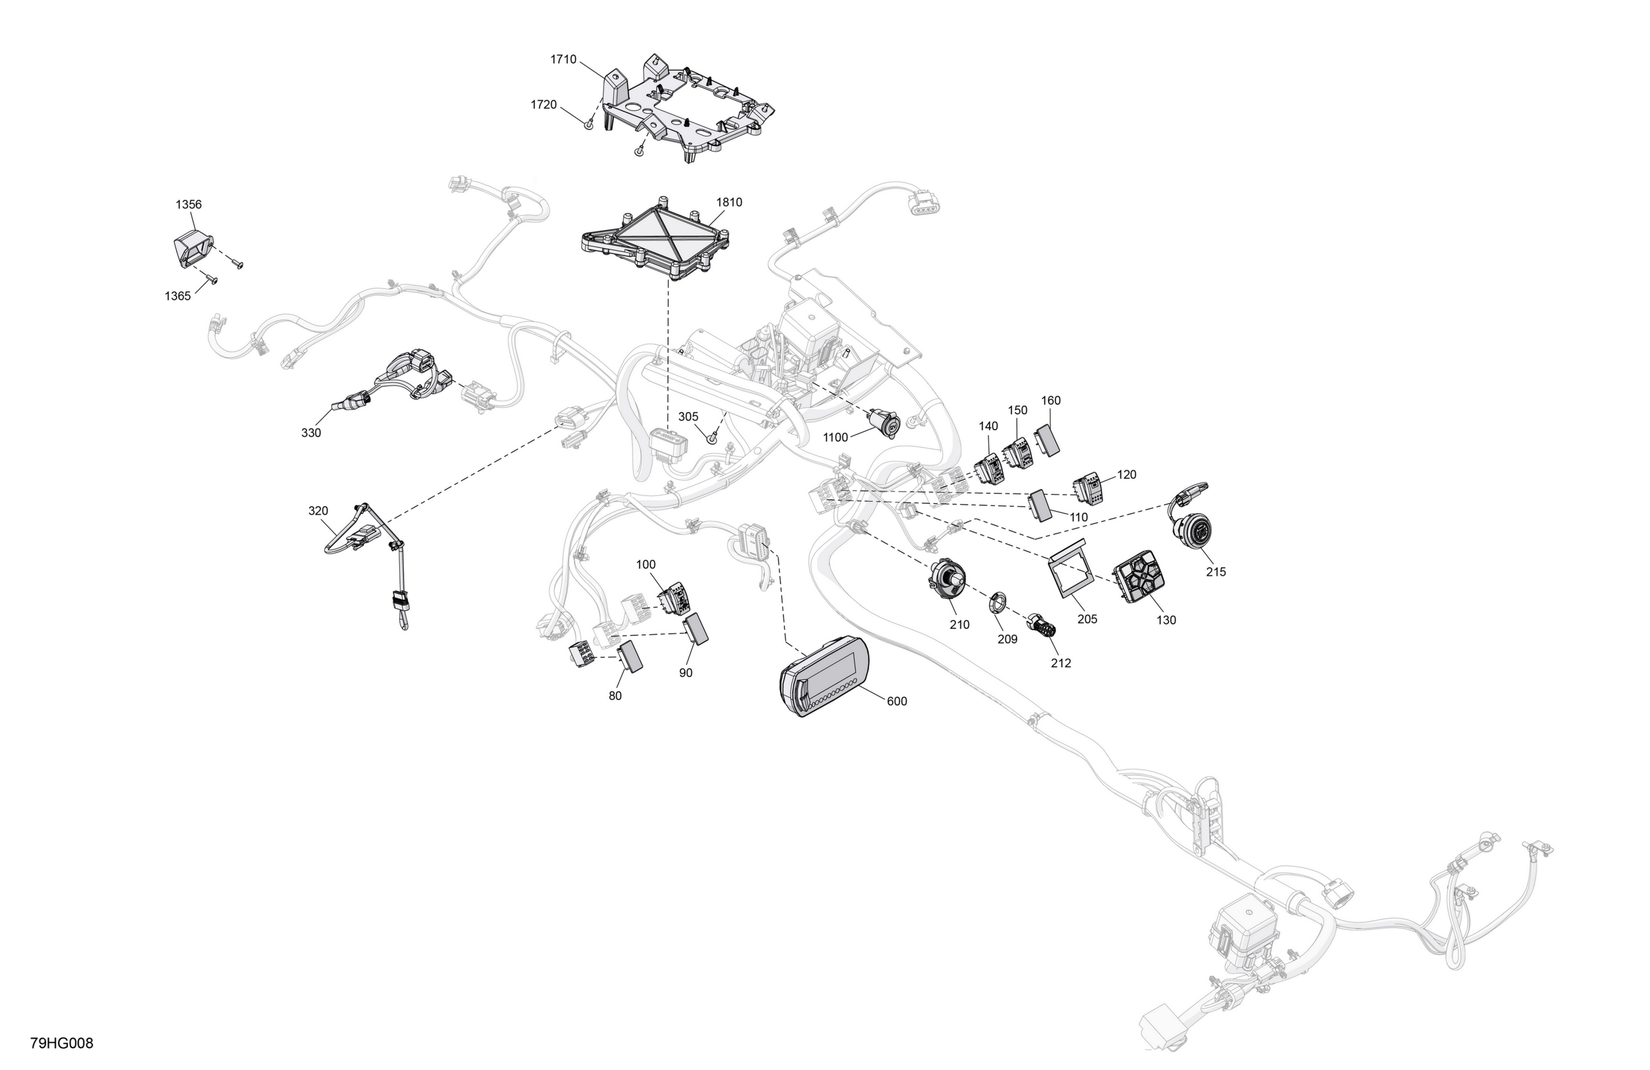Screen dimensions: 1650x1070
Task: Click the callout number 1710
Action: pyautogui.click(x=563, y=59)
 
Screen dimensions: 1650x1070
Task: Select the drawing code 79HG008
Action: pyautogui.click(x=62, y=1042)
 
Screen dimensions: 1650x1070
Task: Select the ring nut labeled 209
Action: pyautogui.click(x=998, y=602)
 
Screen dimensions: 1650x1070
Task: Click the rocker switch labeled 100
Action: pyautogui.click(x=673, y=599)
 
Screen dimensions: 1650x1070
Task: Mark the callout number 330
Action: pyautogui.click(x=311, y=433)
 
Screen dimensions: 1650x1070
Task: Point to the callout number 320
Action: pyautogui.click(x=318, y=511)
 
